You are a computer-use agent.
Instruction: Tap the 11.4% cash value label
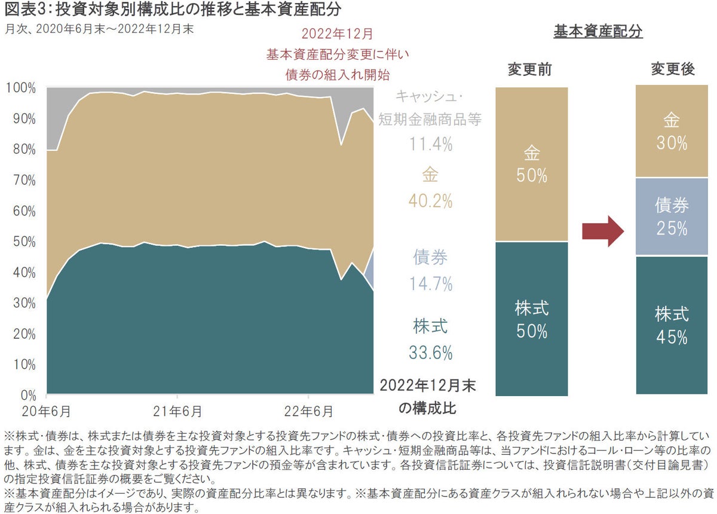point(431,144)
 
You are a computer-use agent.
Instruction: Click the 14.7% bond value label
point(431,284)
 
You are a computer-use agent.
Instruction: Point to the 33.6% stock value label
point(431,353)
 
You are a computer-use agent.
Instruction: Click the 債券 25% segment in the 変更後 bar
point(671,217)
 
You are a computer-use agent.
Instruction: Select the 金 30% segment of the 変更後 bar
point(671,132)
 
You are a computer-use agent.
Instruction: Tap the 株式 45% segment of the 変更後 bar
point(671,325)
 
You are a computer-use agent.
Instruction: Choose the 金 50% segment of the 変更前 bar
point(531,165)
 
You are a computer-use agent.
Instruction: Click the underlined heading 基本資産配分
point(597,32)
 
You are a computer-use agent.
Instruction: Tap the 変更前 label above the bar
point(529,69)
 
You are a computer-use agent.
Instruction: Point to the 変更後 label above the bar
point(672,69)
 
